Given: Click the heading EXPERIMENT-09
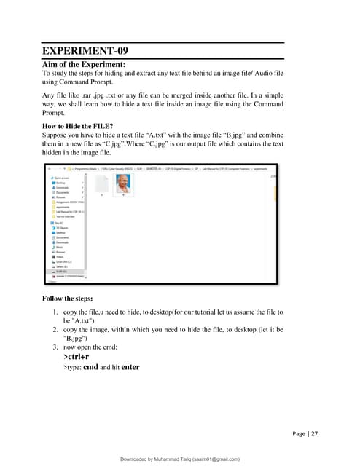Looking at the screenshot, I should tap(88, 52).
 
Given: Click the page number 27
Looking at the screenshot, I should tap(313, 434).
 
